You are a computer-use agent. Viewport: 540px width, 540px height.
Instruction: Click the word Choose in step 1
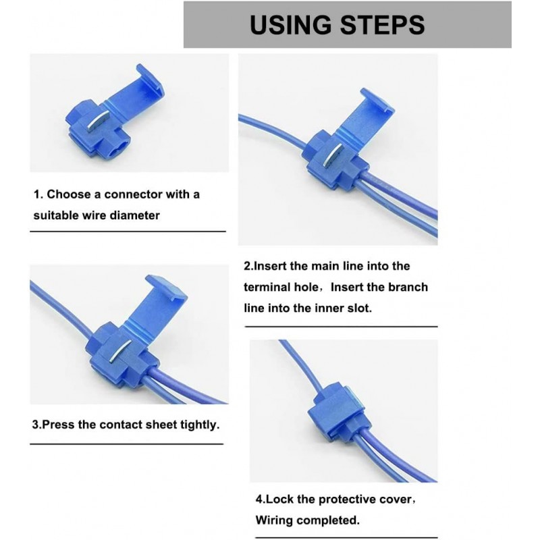click(70, 194)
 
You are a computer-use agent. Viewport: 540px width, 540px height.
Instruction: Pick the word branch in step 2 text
click(408, 287)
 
